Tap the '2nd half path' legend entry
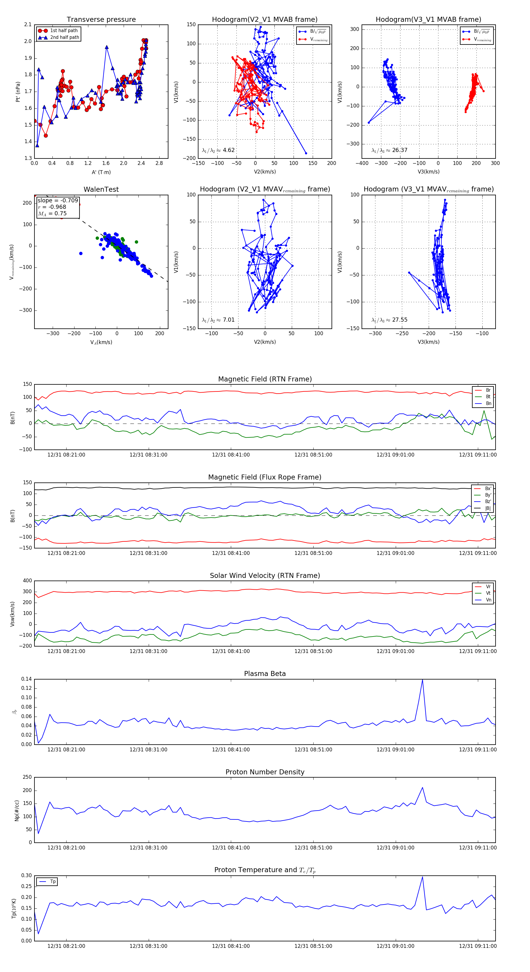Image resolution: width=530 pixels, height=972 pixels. [x=64, y=37]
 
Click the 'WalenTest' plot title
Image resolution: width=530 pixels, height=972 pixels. [x=101, y=189]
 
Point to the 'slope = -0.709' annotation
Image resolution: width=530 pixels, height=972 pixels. [x=58, y=200]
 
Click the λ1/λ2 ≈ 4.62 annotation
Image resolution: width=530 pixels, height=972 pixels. [x=218, y=150]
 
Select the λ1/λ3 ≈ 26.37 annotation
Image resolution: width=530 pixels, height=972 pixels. [x=389, y=150]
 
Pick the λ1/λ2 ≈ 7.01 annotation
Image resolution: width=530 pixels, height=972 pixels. [x=218, y=320]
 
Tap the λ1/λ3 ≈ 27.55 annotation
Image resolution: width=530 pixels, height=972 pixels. [x=389, y=320]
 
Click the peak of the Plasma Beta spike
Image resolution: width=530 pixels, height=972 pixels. [x=422, y=680]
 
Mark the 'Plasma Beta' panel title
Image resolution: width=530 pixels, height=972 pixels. [x=265, y=674]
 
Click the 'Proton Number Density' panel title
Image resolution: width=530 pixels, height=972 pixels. [x=265, y=772]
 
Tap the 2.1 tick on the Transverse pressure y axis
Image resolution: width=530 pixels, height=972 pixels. [x=28, y=24]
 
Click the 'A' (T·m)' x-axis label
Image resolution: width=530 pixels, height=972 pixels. [x=101, y=172]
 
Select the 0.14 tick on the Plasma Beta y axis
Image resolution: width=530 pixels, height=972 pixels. [x=26, y=679]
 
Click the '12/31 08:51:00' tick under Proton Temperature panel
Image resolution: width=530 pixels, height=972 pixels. [x=313, y=946]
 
